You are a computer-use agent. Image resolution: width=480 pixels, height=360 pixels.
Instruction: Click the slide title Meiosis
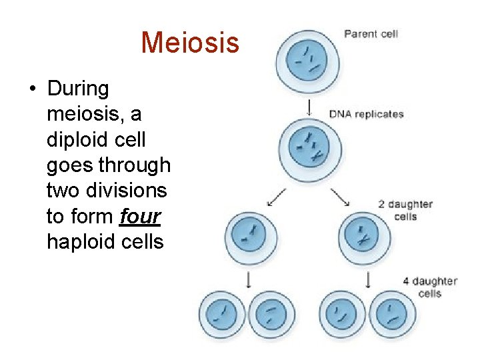tap(189, 43)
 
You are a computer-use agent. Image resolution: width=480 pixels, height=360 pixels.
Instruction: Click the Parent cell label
tap(371, 33)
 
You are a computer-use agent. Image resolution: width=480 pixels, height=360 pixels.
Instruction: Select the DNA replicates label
tap(367, 114)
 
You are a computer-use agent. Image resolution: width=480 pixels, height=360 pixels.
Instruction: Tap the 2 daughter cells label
tap(405, 210)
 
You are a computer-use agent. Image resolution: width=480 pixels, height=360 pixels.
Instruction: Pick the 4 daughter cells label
tap(430, 287)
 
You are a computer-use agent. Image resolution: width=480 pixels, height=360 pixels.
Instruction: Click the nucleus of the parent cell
tap(307, 59)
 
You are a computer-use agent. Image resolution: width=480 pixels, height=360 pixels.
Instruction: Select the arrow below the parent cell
tap(308, 107)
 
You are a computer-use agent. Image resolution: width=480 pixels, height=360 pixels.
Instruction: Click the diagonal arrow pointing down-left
tap(276, 197)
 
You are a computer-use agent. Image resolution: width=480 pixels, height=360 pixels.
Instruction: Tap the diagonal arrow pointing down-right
tap(340, 197)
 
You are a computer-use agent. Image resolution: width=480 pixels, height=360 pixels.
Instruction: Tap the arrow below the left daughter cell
tap(249, 280)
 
